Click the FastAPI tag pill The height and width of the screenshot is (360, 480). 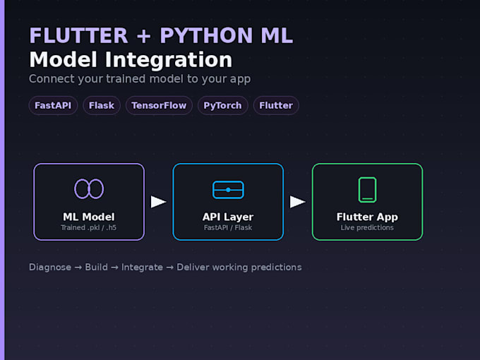[53, 106]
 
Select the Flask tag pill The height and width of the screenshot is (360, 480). [102, 106]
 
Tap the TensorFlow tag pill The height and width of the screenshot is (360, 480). [159, 106]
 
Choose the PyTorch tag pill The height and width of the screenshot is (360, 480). [222, 106]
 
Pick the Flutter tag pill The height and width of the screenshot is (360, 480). [276, 106]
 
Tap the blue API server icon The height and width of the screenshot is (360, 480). [228, 190]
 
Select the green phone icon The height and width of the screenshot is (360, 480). [367, 190]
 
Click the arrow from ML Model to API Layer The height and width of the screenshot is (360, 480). [159, 202]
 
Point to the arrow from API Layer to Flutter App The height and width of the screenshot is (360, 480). [298, 202]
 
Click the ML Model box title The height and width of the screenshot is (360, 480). [89, 217]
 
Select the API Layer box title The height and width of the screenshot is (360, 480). [228, 217]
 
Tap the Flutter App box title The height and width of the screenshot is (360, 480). [367, 217]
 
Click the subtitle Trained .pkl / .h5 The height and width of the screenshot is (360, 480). [89, 227]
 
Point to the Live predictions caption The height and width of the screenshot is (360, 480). [367, 227]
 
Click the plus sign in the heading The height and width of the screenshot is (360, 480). [144, 36]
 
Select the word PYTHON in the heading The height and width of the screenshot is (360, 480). [206, 35]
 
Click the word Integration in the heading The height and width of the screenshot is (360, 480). [169, 60]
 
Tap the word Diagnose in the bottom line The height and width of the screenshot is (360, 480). [50, 268]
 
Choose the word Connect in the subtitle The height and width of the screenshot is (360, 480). [52, 78]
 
